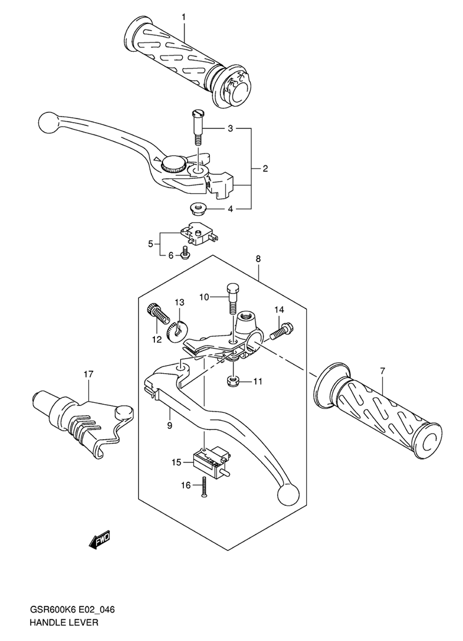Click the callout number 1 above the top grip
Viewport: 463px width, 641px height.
tap(183, 17)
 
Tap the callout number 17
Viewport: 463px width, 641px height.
tap(89, 374)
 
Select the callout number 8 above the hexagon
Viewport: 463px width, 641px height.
tap(258, 258)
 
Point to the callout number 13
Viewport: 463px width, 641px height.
tap(180, 302)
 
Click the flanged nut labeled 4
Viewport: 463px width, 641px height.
tap(198, 210)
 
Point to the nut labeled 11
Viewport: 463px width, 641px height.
tap(233, 382)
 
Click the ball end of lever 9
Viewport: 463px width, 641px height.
tap(286, 495)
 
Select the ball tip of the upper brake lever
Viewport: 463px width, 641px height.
tap(48, 122)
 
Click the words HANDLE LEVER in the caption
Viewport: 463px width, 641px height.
tap(64, 622)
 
